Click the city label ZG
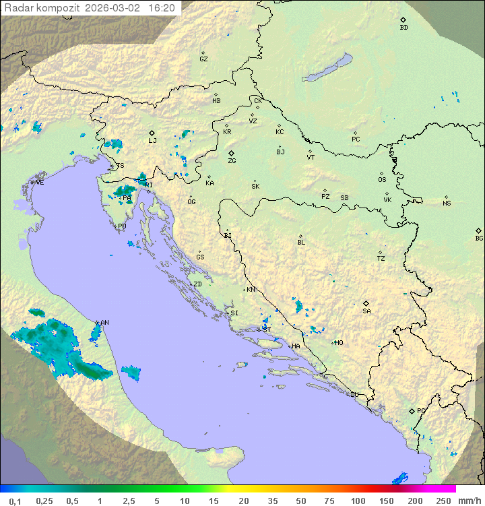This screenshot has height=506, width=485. coord(232,161)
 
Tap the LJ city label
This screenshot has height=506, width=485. coord(152,141)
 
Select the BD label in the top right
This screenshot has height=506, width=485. coord(403,28)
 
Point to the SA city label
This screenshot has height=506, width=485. coord(366,311)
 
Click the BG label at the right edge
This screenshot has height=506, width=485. coord(479,238)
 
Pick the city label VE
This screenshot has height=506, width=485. coord(40,183)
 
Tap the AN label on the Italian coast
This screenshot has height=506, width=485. coord(104,323)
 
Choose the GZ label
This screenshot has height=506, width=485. coord(203,59)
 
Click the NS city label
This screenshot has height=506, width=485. coord(447,203)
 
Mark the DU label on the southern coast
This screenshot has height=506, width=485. coord(354,395)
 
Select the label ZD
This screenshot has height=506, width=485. coord(197,284)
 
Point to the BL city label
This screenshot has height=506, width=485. coord(301,242)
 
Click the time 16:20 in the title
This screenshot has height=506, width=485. coord(162,8)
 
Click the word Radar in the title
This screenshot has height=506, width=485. coord(18,8)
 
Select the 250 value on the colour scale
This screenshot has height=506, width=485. coord(443,501)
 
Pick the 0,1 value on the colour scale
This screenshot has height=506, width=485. coord(15,501)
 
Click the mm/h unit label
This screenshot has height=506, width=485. coord(467,501)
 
